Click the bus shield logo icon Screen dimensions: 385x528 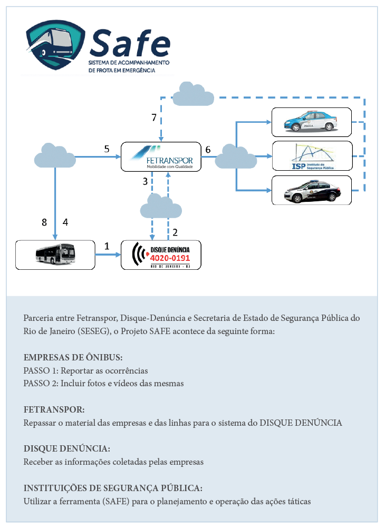55,44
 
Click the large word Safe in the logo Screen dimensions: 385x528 130,43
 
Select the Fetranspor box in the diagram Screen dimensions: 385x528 161,157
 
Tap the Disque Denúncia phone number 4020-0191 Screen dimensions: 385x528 170,258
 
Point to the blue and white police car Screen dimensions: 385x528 311,121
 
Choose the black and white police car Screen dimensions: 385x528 312,191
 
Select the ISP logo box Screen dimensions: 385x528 312,156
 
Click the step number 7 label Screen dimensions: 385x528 154,117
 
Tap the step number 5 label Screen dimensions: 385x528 107,149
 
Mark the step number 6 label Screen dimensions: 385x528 208,150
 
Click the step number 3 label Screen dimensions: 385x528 146,181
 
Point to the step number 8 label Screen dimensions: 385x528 44,222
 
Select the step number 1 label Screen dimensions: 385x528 107,246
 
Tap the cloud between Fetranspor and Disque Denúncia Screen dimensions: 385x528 161,206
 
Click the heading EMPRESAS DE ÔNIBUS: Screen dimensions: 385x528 73,357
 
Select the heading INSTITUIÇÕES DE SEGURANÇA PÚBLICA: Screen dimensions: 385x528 113,488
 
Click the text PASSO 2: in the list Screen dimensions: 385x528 41,383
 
